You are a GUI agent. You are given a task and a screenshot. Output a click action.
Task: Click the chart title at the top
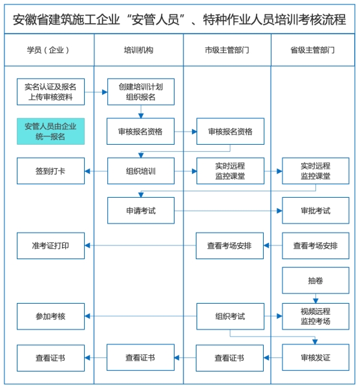(180, 19)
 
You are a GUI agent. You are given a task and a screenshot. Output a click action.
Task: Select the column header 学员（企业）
(48, 50)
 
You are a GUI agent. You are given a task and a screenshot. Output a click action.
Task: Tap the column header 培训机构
(138, 50)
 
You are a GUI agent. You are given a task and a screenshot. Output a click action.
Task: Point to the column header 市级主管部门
(227, 50)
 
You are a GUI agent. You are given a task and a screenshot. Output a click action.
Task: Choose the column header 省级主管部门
(313, 50)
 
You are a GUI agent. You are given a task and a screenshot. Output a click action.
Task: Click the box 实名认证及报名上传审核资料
(50, 92)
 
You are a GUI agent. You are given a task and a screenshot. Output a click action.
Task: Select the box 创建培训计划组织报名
(140, 92)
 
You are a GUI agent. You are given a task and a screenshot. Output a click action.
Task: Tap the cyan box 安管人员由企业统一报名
(50, 131)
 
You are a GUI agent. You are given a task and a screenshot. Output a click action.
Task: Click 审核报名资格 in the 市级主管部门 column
(230, 131)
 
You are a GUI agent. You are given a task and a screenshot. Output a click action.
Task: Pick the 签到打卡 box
(50, 171)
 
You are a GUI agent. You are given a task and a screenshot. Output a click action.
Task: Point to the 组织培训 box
(140, 171)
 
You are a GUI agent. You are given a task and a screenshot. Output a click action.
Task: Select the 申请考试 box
(140, 211)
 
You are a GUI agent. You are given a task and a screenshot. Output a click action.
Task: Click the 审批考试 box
(315, 211)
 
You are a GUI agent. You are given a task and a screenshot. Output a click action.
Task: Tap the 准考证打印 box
(50, 246)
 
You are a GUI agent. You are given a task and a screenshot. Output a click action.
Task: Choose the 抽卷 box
(315, 280)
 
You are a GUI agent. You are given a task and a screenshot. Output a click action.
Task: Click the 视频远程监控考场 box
(315, 316)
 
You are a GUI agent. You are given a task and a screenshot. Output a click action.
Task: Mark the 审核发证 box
(315, 357)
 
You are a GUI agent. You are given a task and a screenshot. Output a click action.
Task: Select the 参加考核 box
(50, 317)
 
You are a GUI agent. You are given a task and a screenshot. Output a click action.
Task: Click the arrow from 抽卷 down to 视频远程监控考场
(315, 298)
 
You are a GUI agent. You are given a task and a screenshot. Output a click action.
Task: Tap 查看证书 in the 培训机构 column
(140, 357)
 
